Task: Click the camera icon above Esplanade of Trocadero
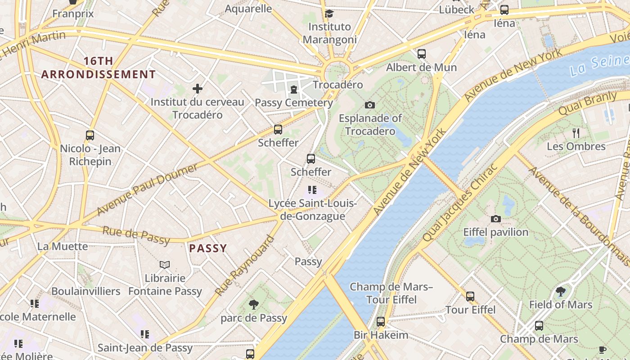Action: click(x=369, y=105)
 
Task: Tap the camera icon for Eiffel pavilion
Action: click(x=495, y=219)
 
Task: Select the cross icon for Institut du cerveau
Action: click(x=197, y=89)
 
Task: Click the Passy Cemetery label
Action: click(x=294, y=103)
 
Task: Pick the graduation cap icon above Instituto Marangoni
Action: click(x=329, y=13)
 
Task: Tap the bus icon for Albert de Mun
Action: click(x=421, y=54)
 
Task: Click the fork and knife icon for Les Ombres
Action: click(x=576, y=133)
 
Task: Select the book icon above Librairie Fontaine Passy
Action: click(x=165, y=265)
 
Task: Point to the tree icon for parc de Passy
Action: click(x=253, y=305)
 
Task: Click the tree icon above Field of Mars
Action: click(x=560, y=291)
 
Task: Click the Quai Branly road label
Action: click(x=587, y=103)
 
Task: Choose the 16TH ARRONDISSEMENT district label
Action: click(x=98, y=68)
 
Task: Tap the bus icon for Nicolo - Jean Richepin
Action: click(x=90, y=135)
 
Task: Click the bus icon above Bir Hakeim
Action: click(x=380, y=321)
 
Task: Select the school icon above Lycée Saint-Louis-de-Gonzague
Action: click(x=312, y=190)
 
